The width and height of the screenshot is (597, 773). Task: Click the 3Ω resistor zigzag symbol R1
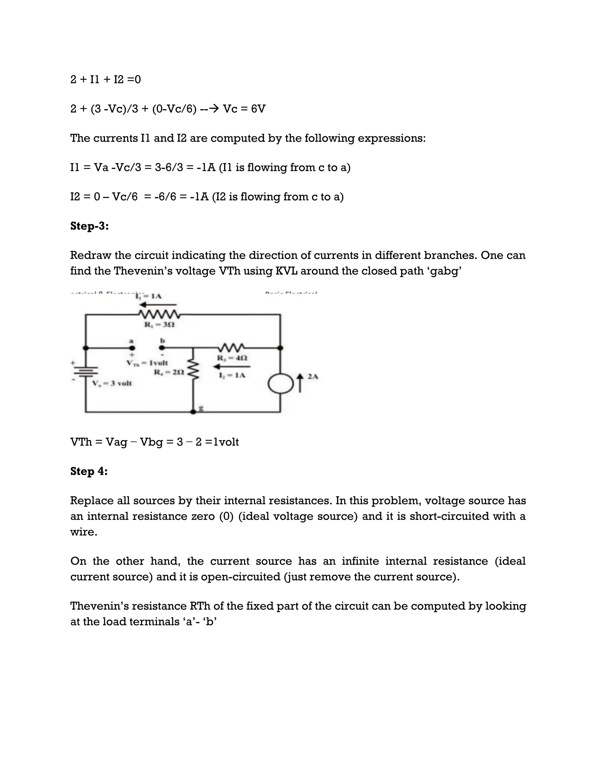pos(159,314)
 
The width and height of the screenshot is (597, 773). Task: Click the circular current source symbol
pos(280,384)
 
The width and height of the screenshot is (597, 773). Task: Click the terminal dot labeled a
pos(132,348)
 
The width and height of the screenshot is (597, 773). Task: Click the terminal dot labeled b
pos(161,348)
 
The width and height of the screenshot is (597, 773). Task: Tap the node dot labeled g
pos(193,412)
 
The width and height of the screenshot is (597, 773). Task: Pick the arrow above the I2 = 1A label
pos(232,367)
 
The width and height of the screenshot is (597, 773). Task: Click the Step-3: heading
pos(89,226)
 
